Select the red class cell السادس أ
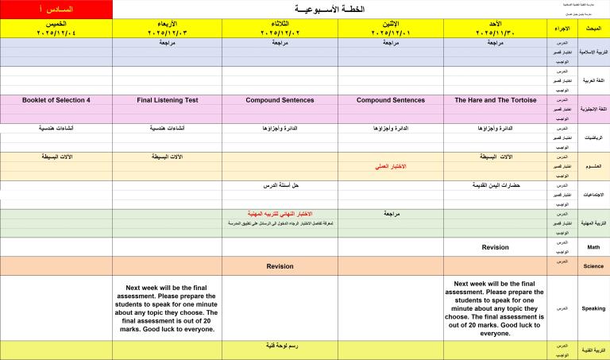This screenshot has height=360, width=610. point(56,9)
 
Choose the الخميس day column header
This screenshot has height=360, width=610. point(56,29)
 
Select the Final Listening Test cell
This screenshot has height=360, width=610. point(167,100)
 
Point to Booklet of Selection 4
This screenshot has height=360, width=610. point(56,100)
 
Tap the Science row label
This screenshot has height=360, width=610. point(593,266)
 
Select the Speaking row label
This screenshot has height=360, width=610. point(593,308)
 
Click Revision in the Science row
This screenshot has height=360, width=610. point(280,266)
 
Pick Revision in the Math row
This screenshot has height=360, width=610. point(495,247)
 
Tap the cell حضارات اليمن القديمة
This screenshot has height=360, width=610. point(496,185)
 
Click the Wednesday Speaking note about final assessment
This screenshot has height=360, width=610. point(167,308)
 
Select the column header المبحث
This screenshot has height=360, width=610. point(593,29)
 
